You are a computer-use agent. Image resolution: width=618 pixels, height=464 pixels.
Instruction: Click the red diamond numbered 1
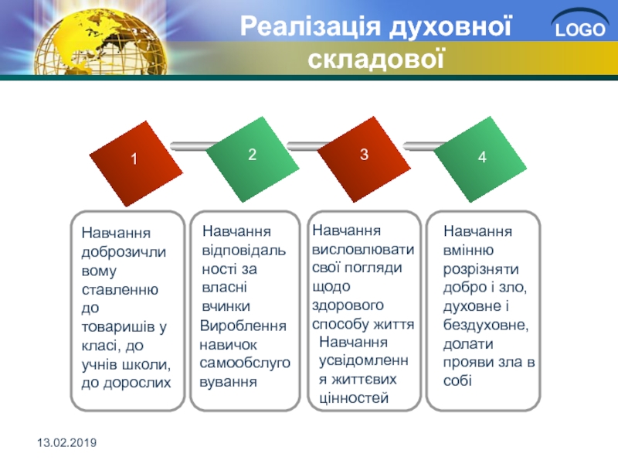pyautogui.click(x=136, y=164)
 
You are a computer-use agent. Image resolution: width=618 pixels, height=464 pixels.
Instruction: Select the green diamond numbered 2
pyautogui.click(x=253, y=159)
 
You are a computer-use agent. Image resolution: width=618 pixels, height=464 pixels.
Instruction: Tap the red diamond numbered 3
pyautogui.click(x=364, y=159)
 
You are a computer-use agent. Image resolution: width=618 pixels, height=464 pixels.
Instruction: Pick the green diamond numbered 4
pyautogui.click(x=480, y=159)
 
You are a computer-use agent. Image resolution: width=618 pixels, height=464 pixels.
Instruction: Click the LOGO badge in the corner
pyautogui.click(x=580, y=25)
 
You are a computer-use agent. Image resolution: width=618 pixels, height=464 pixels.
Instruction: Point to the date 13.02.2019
pyautogui.click(x=67, y=442)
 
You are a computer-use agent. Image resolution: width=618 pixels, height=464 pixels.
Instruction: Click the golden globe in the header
pyautogui.click(x=100, y=42)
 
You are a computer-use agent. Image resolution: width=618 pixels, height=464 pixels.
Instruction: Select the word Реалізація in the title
pyautogui.click(x=311, y=27)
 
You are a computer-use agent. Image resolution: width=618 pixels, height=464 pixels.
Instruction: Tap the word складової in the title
pyautogui.click(x=376, y=60)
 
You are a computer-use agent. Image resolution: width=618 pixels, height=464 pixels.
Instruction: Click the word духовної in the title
pyautogui.click(x=450, y=27)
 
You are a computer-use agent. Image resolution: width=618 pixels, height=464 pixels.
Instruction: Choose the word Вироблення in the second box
pyautogui.click(x=243, y=326)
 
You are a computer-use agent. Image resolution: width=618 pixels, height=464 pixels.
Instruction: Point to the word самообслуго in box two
pyautogui.click(x=245, y=363)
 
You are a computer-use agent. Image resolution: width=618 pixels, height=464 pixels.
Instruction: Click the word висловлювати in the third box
pyautogui.click(x=363, y=249)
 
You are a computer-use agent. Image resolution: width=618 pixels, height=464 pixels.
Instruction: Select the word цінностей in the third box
pyautogui.click(x=354, y=397)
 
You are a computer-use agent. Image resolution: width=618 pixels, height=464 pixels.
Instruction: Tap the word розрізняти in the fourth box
pyautogui.click(x=480, y=270)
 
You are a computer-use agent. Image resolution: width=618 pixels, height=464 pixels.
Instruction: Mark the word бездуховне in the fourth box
pyautogui.click(x=485, y=325)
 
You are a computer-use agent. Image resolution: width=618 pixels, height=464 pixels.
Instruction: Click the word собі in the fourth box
pyautogui.click(x=457, y=380)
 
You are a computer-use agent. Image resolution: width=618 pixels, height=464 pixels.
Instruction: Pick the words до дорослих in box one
pyautogui.click(x=126, y=383)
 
